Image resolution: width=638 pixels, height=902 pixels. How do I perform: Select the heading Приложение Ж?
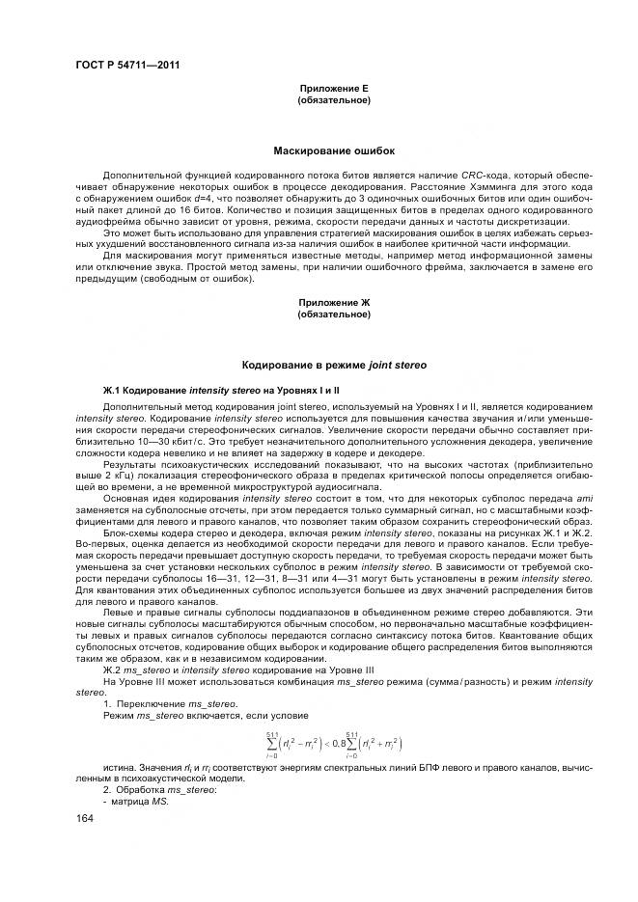[x=334, y=303]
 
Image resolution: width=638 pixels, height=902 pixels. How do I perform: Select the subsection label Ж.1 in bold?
[x=113, y=390]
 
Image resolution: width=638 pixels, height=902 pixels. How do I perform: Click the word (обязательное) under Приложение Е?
[x=334, y=99]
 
